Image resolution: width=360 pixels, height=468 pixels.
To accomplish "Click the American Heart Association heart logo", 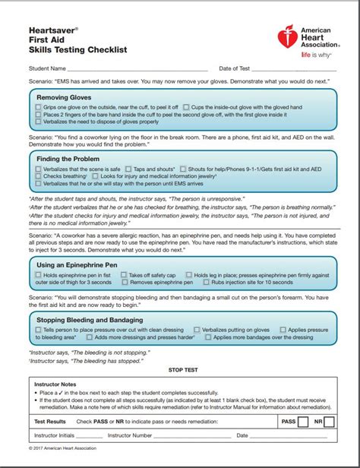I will [287, 38].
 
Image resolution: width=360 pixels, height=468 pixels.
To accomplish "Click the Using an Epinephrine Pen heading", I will [78, 264].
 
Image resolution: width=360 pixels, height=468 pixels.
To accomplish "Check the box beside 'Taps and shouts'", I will [128, 169].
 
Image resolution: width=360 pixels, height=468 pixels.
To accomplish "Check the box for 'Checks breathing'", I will [38, 176].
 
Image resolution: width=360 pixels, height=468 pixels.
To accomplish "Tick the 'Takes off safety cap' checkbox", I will [123, 275].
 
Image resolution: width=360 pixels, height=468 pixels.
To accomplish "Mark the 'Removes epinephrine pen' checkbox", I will [125, 283].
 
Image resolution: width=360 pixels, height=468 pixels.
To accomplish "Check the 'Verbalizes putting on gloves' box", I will [197, 330].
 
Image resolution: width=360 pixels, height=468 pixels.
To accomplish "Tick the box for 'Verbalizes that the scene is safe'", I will [38, 169].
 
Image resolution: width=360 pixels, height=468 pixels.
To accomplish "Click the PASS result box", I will [302, 420].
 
